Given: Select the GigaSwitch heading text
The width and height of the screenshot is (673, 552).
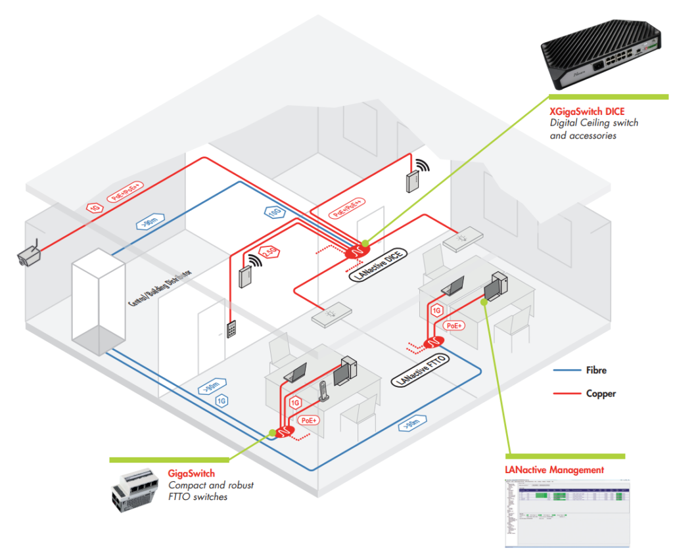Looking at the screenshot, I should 191,473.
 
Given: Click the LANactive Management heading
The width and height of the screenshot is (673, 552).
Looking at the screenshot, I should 554,470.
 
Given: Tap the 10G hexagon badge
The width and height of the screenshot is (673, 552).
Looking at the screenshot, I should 275,212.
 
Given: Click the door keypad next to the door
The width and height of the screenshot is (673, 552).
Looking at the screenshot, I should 232,329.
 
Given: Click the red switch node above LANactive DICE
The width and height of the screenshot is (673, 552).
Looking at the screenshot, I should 358,250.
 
